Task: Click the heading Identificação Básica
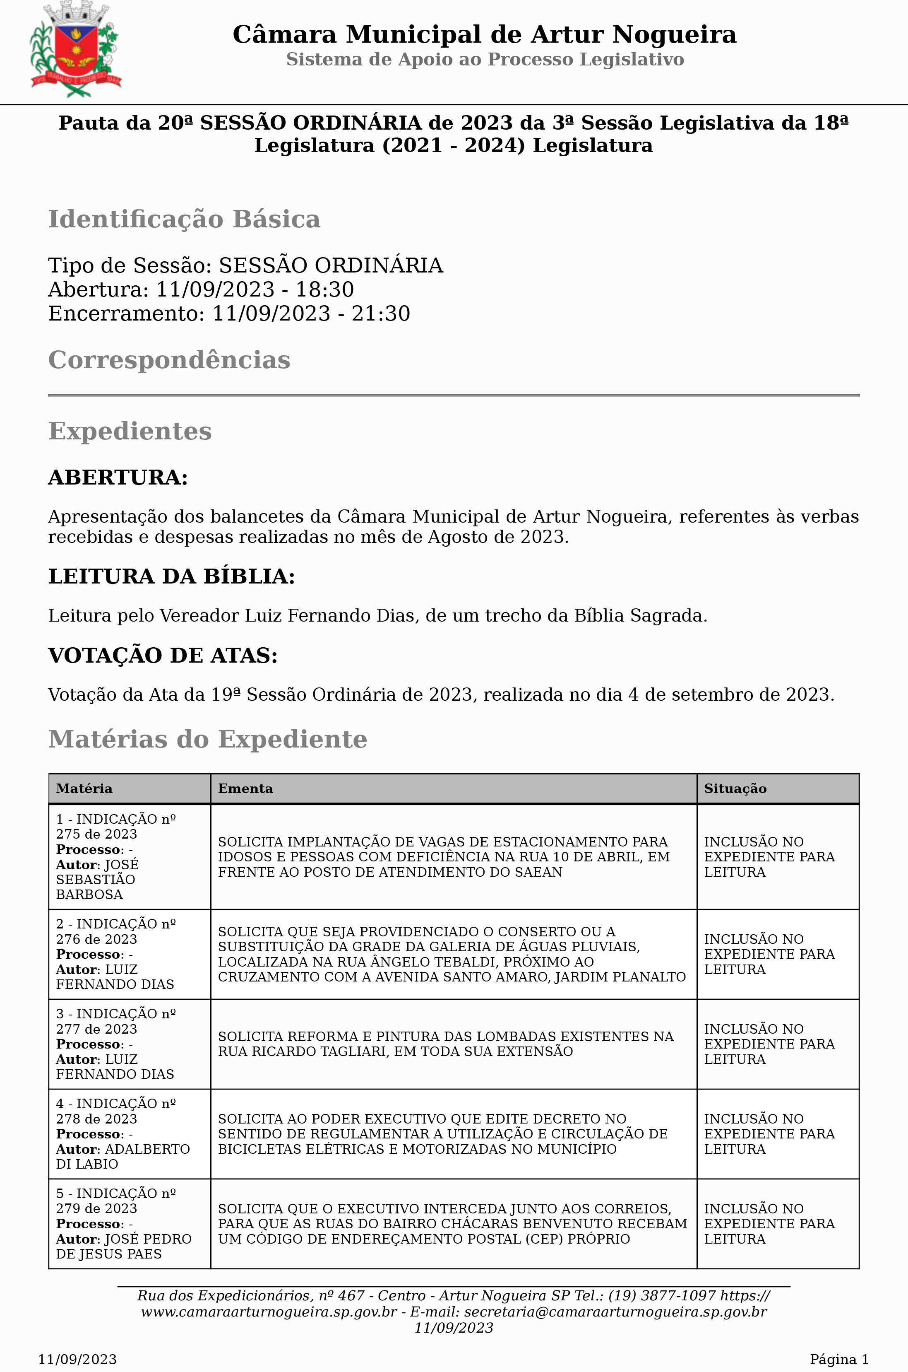(x=184, y=219)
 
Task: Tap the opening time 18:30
(x=325, y=289)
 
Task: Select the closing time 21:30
(x=381, y=313)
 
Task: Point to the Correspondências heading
(x=169, y=360)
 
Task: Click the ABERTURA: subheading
(x=118, y=477)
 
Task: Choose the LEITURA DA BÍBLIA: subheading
(x=171, y=576)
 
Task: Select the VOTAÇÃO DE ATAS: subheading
(x=163, y=655)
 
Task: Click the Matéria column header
(x=84, y=788)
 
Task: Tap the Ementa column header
(x=245, y=788)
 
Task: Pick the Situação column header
(x=735, y=788)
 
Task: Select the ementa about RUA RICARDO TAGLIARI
(x=445, y=1044)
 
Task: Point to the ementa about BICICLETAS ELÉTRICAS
(x=442, y=1134)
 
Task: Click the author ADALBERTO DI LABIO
(x=123, y=1157)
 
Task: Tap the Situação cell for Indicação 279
(x=769, y=1224)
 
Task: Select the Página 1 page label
(x=838, y=1359)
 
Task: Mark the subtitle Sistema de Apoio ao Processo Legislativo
(x=485, y=60)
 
